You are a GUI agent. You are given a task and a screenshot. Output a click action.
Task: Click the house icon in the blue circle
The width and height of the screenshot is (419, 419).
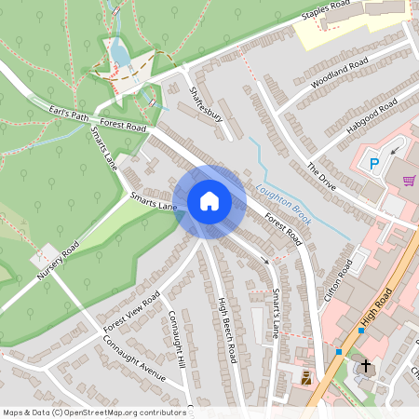(209, 201)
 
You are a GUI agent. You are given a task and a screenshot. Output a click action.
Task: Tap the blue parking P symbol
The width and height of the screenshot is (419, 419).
(374, 164)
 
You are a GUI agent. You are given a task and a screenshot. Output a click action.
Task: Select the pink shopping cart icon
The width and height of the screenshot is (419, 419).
(408, 181)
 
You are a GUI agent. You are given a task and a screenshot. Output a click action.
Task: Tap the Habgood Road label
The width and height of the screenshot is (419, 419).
(372, 116)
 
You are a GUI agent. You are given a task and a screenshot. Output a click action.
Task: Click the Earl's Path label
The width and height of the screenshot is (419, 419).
(67, 115)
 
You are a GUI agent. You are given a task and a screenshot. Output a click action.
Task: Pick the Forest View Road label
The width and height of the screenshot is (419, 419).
(131, 311)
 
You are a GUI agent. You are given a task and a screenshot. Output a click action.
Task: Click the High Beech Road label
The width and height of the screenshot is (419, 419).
(225, 330)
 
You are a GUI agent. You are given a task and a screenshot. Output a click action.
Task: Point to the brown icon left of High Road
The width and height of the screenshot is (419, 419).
(306, 377)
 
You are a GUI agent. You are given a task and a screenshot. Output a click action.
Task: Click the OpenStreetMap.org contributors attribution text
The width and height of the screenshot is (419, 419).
(128, 412)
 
